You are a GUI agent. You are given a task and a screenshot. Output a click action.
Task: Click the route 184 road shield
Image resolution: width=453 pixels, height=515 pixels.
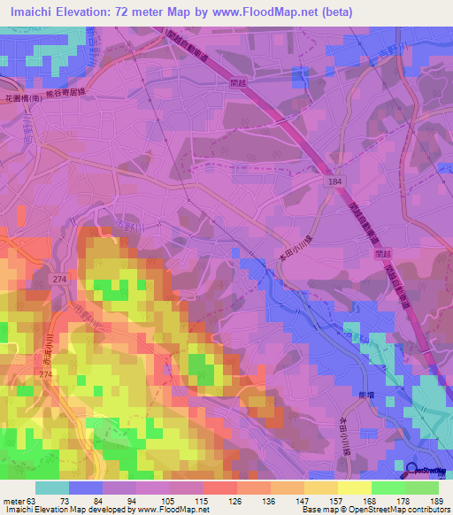pyautogui.click(x=328, y=180)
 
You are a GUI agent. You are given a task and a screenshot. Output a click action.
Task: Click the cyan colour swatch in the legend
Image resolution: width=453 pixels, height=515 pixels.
pyautogui.click(x=51, y=487)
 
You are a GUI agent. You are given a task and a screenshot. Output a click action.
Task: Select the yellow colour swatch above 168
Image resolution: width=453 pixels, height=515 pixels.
pyautogui.click(x=355, y=487)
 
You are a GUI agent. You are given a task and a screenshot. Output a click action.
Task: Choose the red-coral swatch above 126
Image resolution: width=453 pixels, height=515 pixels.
pyautogui.click(x=219, y=487)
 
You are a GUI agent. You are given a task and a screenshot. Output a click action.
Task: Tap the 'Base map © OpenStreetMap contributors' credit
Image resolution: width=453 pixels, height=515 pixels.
pyautogui.click(x=380, y=510)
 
